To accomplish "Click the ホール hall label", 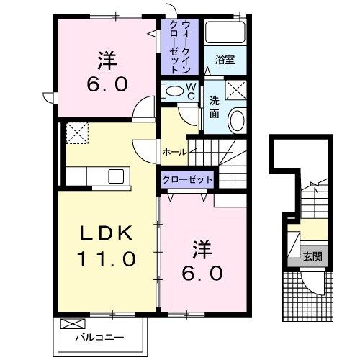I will pos(175,152).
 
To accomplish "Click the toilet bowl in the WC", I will pos(174,91).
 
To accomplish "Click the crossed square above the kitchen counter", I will pos(76,132).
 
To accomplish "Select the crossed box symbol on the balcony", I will pos(71,324).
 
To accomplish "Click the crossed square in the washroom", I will pos(233,90).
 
